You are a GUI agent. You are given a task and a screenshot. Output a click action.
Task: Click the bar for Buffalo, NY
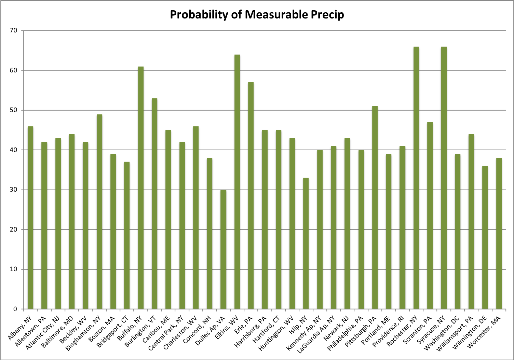(140, 188)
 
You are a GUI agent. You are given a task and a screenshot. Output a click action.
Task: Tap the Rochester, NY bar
(416, 178)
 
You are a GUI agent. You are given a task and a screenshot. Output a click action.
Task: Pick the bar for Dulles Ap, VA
(223, 249)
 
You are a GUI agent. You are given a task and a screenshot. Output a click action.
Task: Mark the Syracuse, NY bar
(444, 178)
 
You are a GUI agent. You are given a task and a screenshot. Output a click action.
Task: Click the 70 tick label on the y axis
(13, 31)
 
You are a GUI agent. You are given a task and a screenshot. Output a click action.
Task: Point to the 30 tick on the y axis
(13, 190)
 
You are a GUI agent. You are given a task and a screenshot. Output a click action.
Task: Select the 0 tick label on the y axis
(15, 309)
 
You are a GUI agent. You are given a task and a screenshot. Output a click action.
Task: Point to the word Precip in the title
(327, 15)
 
